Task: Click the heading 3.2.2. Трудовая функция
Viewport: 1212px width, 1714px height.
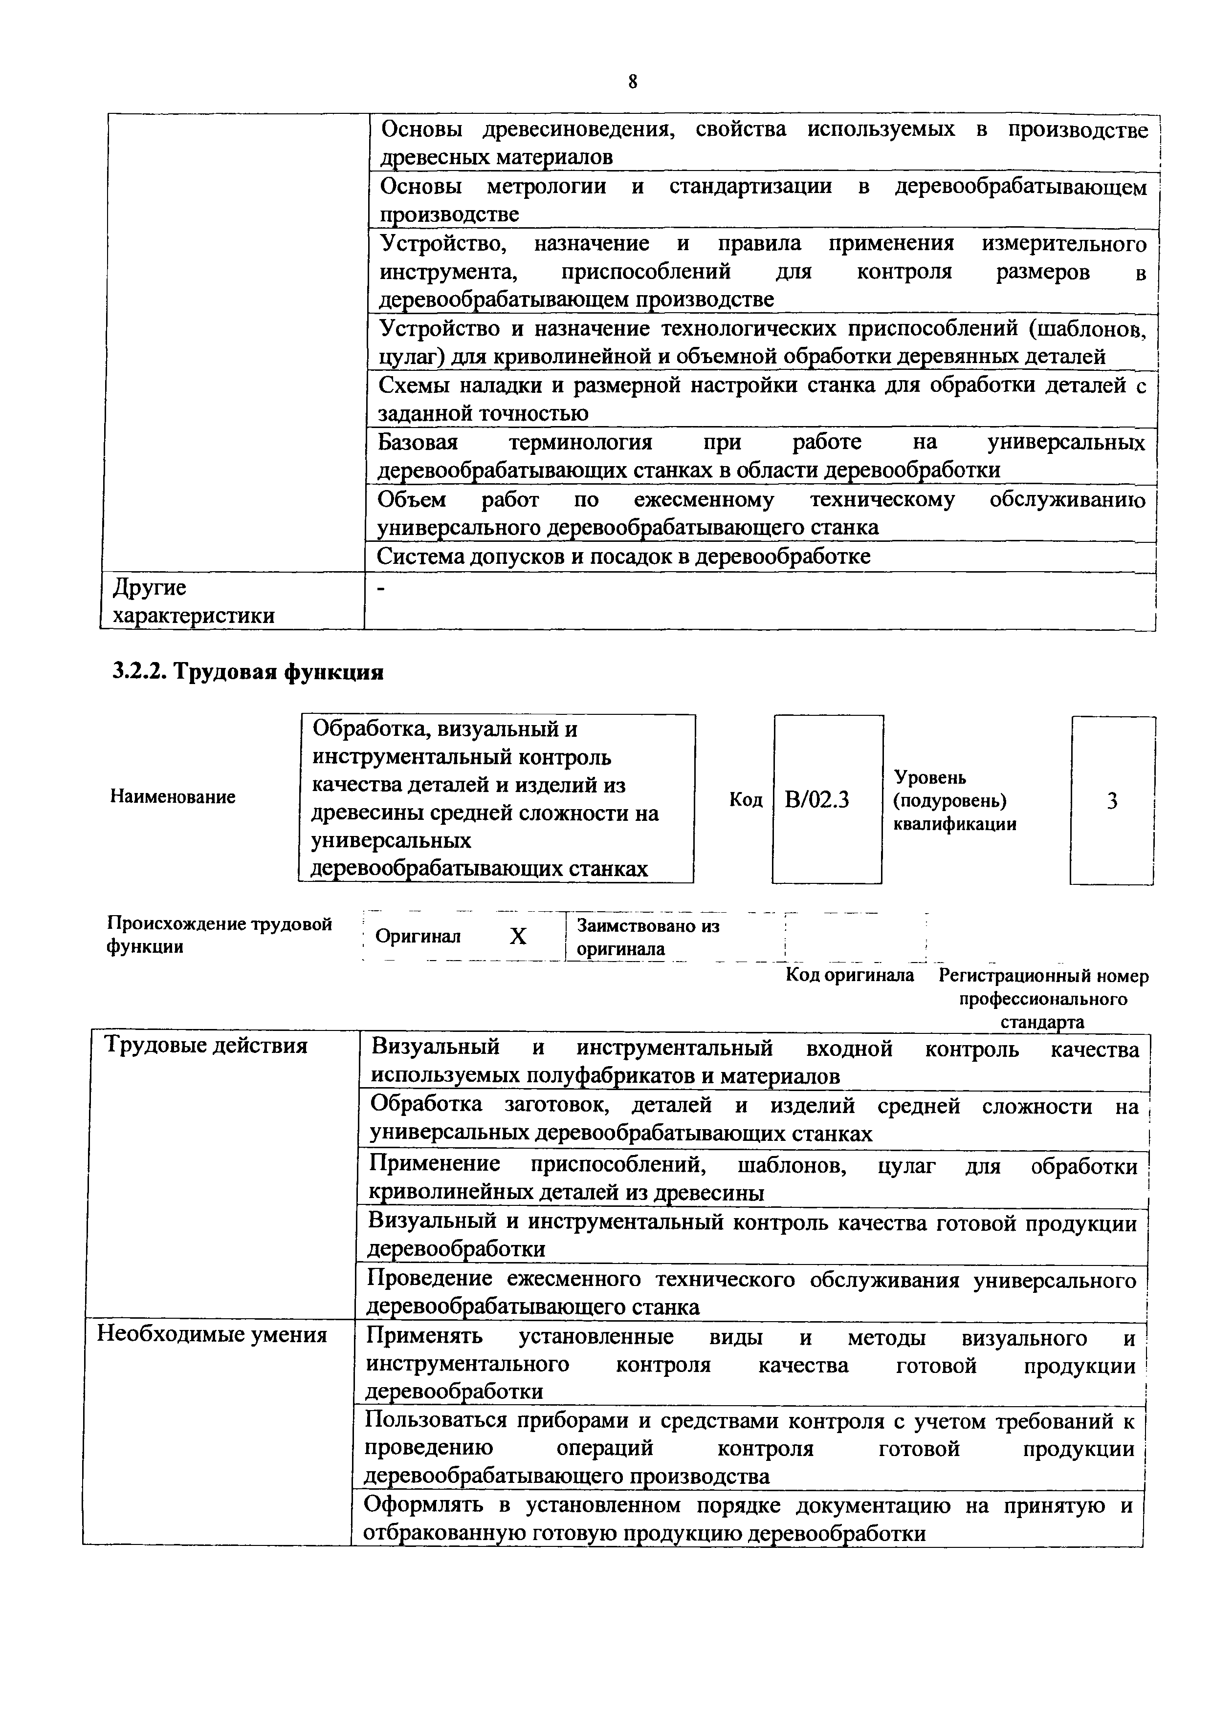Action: pyautogui.click(x=247, y=672)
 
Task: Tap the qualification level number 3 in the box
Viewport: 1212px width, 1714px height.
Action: pyautogui.click(x=1112, y=801)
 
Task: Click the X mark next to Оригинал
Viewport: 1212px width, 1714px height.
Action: pyautogui.click(x=518, y=936)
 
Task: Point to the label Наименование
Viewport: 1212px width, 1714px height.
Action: pyautogui.click(x=173, y=796)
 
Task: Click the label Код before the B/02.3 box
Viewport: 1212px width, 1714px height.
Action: pyautogui.click(x=745, y=799)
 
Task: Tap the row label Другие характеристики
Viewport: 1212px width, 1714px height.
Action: pyautogui.click(x=193, y=601)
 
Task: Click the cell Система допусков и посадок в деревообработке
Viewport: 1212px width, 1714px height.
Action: pyautogui.click(x=623, y=556)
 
